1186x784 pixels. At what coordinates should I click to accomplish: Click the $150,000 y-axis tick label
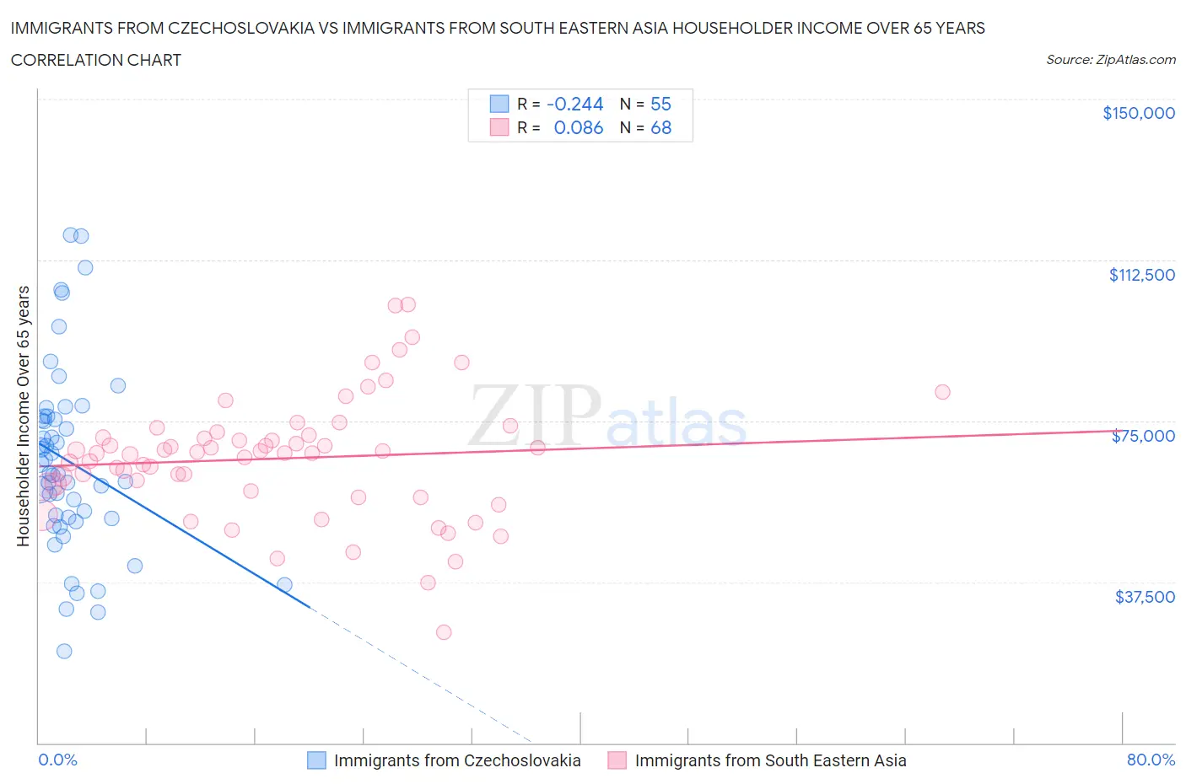point(1138,113)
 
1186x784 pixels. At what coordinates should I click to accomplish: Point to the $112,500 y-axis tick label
point(1141,275)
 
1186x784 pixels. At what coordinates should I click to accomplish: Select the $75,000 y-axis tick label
point(1143,436)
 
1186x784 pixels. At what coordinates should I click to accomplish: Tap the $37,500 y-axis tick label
point(1144,597)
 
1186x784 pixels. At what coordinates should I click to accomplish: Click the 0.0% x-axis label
point(57,760)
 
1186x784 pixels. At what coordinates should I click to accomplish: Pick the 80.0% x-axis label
point(1151,760)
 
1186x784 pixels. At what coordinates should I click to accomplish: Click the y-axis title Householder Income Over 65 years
point(24,416)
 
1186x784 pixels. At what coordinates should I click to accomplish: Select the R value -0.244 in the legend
point(574,104)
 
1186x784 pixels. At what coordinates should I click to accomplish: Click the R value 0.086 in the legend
point(578,127)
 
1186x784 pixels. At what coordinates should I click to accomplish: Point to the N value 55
point(660,104)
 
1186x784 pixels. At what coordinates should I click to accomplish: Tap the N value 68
point(660,127)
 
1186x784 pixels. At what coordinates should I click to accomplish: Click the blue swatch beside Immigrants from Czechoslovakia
point(316,760)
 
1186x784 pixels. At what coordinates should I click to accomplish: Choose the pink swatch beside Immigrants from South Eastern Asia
point(617,760)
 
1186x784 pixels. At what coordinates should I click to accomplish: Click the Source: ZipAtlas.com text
point(1110,60)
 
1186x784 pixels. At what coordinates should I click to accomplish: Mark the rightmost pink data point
point(942,392)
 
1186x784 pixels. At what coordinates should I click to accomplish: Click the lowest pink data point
point(444,632)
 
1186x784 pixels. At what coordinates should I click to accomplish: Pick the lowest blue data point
point(64,651)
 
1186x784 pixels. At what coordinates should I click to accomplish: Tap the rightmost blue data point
point(285,585)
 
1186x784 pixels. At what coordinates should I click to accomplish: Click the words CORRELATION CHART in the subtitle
point(96,60)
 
